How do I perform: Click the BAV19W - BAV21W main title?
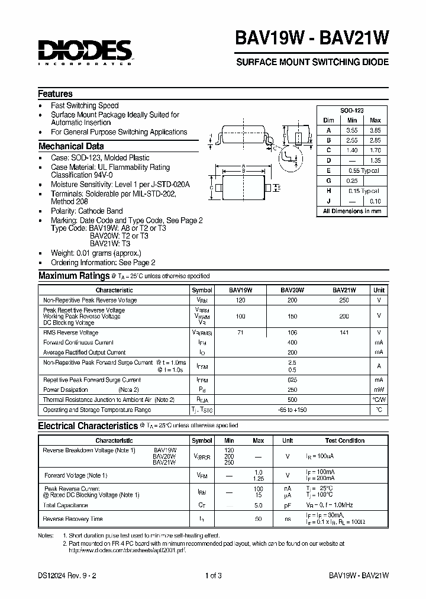tap(312, 38)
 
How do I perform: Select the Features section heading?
tap(56, 94)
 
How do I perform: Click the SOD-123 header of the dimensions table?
tap(352, 111)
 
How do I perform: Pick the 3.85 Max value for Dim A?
tap(375, 130)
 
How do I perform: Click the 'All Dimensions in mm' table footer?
tap(352, 211)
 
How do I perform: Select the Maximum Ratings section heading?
tap(72, 276)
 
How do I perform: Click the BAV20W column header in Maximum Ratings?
tap(292, 290)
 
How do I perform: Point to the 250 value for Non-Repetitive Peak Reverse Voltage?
tap(344, 300)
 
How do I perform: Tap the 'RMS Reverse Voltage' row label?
tap(71, 333)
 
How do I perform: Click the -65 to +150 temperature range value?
tap(292, 410)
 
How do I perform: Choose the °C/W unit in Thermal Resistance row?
tap(379, 400)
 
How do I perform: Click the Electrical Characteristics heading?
tap(88, 426)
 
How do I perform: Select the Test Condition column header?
tap(345, 440)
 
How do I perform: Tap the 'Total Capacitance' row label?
tap(66, 505)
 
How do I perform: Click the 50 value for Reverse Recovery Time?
tap(258, 519)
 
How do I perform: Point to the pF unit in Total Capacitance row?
tap(288, 505)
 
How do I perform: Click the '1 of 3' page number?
tap(213, 575)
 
